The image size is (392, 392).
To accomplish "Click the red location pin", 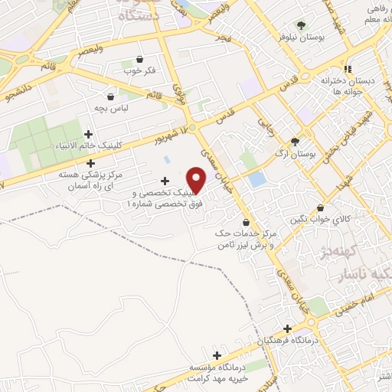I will coord(197,181).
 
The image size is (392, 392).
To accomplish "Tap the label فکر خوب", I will coord(139,70).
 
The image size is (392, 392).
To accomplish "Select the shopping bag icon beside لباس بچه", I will coord(112,96).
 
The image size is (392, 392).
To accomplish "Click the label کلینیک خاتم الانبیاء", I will coord(87,145).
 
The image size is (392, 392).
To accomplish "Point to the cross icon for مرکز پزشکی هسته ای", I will coord(91,162).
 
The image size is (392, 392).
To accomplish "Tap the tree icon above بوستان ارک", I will coord(295,142).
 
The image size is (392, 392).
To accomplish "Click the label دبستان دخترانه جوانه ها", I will coord(349,84).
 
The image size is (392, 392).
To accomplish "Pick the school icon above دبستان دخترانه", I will coord(348,67).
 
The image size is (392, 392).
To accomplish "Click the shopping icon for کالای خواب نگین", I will coord(319,207).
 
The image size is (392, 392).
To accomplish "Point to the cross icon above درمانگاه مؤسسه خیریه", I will coord(217,355).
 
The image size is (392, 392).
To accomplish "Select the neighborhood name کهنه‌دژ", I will coord(338,252).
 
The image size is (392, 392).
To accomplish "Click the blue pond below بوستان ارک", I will coord(258,181).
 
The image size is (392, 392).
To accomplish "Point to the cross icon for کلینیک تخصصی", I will coord(165,181).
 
